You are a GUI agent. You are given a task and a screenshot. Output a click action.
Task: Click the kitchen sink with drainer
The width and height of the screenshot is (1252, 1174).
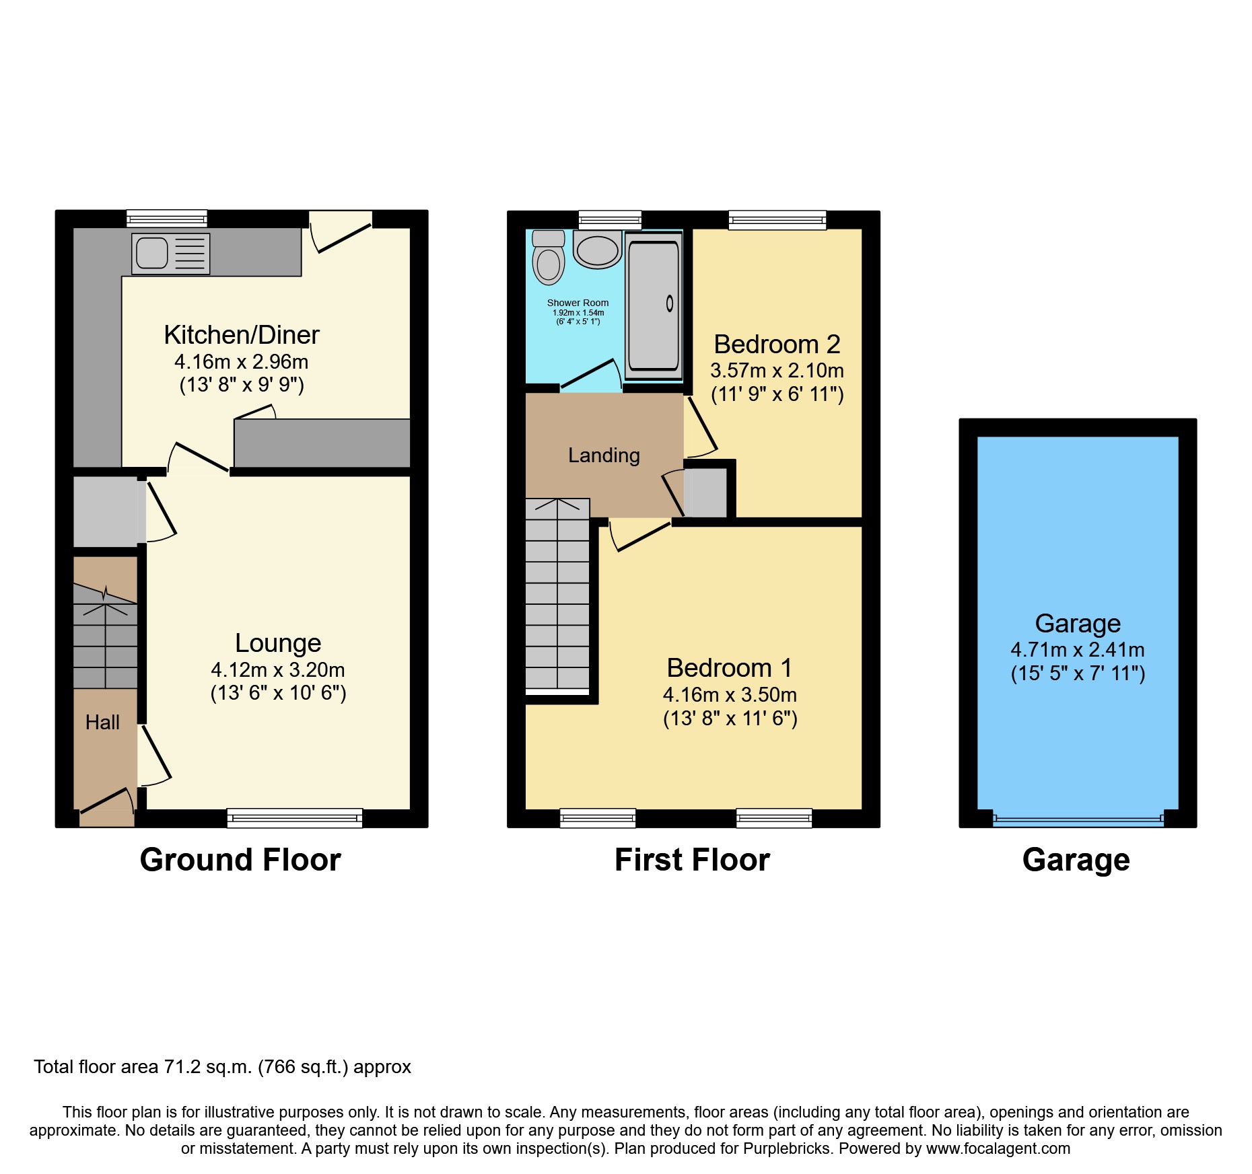pos(170,254)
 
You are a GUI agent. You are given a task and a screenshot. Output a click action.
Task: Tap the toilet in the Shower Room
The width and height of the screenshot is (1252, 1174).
pos(549,259)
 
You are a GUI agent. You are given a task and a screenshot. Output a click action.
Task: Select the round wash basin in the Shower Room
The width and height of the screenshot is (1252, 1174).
pos(598,251)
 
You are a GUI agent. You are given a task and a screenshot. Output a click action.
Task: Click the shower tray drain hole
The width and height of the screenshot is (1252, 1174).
pos(670,303)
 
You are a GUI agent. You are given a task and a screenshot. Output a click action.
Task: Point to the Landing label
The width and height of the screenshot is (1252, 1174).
pos(604,455)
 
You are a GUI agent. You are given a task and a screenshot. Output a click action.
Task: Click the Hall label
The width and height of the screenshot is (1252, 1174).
pos(102,723)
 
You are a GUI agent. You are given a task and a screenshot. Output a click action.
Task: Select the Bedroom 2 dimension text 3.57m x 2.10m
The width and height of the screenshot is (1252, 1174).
pos(777,371)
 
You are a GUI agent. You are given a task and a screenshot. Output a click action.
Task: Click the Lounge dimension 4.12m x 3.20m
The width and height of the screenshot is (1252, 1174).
pos(278,670)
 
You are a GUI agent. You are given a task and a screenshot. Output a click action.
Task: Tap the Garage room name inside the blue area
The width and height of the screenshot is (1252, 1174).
pos(1078,624)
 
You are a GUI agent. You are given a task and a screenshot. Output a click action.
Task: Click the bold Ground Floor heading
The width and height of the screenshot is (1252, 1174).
pos(240,860)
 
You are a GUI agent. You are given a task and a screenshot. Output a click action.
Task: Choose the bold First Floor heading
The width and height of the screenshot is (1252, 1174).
pos(692,860)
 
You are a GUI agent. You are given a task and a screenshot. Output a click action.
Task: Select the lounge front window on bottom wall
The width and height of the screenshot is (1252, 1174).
pos(294,818)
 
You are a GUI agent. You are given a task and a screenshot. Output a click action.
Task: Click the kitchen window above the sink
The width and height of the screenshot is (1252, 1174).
pos(167,219)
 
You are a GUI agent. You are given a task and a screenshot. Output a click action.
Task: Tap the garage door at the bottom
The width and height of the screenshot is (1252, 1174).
pos(1078,819)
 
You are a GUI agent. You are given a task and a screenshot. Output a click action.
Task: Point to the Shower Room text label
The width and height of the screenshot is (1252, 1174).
pos(578,303)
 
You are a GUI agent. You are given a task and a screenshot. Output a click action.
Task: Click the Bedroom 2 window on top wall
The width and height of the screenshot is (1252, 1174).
pos(777,219)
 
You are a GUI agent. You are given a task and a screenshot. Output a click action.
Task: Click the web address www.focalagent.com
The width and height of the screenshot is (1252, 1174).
pos(998,1148)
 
